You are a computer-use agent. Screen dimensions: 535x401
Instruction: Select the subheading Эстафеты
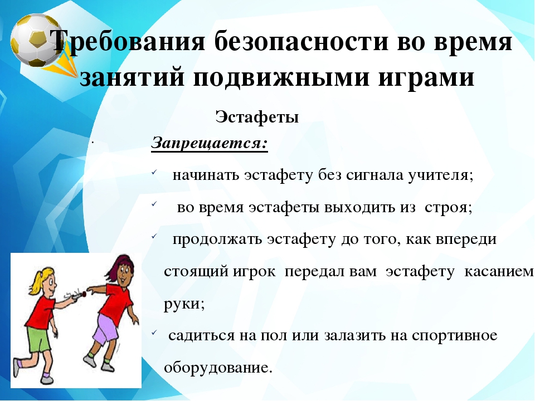257,117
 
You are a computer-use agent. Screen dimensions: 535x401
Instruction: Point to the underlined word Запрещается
210,143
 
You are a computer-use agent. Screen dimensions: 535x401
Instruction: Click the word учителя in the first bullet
441,175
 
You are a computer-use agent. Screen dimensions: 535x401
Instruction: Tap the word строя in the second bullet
448,208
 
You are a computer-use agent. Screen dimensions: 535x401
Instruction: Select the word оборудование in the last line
218,368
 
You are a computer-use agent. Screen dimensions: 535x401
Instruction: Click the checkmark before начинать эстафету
154,173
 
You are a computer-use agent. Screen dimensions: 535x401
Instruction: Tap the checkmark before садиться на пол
154,332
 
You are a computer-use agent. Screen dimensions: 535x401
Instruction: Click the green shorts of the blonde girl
38,339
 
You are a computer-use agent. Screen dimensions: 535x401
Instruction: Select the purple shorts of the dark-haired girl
106,329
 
